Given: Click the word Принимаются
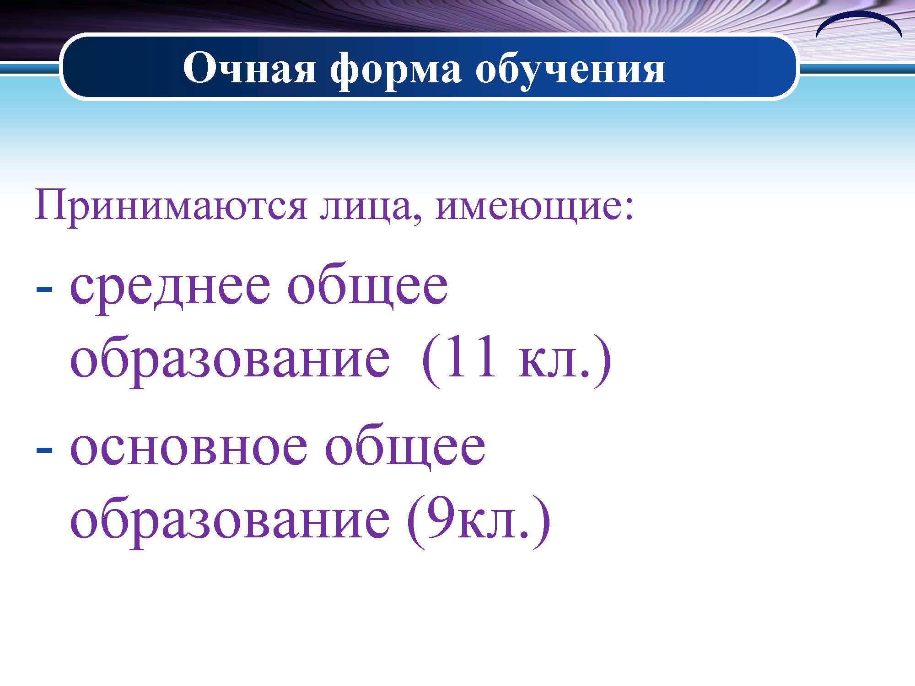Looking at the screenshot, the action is pos(171,206).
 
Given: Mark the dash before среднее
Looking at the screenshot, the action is pos(44,289).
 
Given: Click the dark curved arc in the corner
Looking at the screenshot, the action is pos(859,16).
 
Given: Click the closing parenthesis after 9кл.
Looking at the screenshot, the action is pos(542,521).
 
